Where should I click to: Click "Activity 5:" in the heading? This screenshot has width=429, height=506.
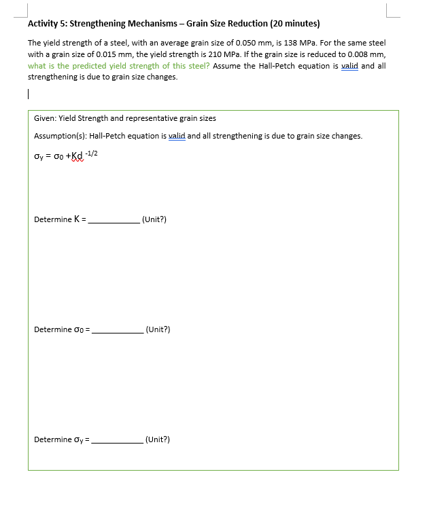47,23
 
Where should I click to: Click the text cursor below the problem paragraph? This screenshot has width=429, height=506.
29,95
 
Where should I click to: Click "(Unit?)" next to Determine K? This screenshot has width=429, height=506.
154,219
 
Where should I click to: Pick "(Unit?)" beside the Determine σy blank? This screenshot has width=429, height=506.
158,439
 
